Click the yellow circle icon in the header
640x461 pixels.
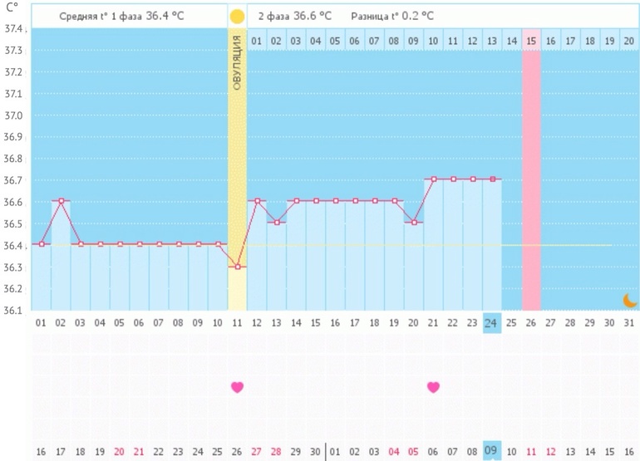click(x=237, y=16)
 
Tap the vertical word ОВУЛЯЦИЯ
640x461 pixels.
click(x=237, y=63)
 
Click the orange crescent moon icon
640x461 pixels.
click(x=630, y=300)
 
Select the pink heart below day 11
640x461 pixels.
click(x=237, y=387)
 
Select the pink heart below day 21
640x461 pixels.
click(x=433, y=387)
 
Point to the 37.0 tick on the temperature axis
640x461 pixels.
click(x=15, y=115)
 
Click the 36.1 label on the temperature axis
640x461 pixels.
click(x=15, y=311)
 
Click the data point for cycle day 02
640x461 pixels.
click(x=61, y=201)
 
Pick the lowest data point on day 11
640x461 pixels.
click(x=238, y=267)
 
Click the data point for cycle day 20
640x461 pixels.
click(x=414, y=223)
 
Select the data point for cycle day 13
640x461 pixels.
click(x=277, y=223)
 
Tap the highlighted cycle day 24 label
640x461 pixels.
click(x=492, y=322)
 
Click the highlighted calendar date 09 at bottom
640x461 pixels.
click(x=492, y=451)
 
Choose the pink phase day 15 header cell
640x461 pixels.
click(x=531, y=41)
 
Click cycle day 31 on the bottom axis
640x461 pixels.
click(x=629, y=322)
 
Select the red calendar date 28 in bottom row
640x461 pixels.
click(x=277, y=451)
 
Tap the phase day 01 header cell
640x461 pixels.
click(x=257, y=41)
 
